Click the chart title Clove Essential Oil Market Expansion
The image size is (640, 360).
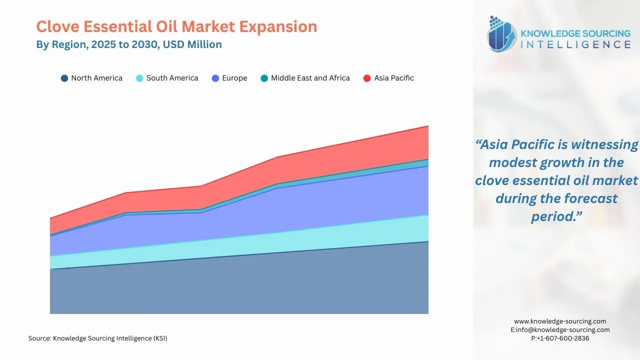[176, 26]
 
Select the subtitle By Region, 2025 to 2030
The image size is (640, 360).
[128, 44]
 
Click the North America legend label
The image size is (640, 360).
[96, 78]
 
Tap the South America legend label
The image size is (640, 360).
[172, 78]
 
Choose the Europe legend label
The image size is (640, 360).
[234, 78]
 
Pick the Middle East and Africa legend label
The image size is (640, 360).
[310, 78]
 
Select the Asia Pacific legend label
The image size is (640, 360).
[394, 78]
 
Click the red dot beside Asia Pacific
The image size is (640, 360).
[367, 78]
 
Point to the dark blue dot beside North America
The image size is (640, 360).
[64, 78]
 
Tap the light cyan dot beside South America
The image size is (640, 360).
[139, 78]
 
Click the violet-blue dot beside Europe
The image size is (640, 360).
[215, 78]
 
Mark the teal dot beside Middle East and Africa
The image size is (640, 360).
[264, 78]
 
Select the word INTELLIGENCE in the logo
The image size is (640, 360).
[575, 44]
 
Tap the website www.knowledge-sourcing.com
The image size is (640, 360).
[560, 321]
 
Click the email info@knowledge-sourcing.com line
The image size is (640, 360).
[560, 330]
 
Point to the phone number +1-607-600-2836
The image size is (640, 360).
[560, 338]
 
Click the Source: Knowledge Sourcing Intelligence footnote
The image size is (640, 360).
[98, 338]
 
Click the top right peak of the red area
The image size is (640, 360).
[427, 126]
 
